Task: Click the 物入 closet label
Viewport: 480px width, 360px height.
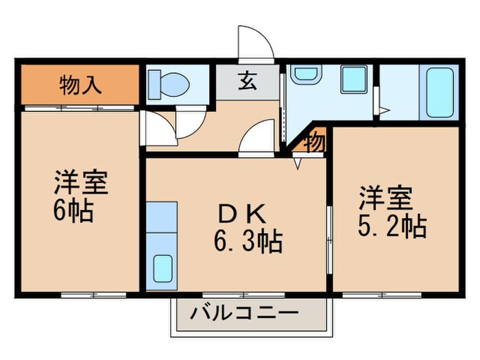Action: tap(81, 86)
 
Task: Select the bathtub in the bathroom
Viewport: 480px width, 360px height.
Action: tap(440, 92)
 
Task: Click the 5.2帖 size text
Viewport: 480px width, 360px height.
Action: tap(392, 226)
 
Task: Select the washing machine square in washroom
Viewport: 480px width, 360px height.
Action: tap(355, 80)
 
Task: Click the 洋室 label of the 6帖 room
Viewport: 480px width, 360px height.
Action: tap(80, 183)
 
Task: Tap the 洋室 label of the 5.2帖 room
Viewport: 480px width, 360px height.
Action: tap(384, 197)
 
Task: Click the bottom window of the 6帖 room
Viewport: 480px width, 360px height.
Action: tap(93, 294)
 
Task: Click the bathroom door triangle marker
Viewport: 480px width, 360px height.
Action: tap(385, 109)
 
